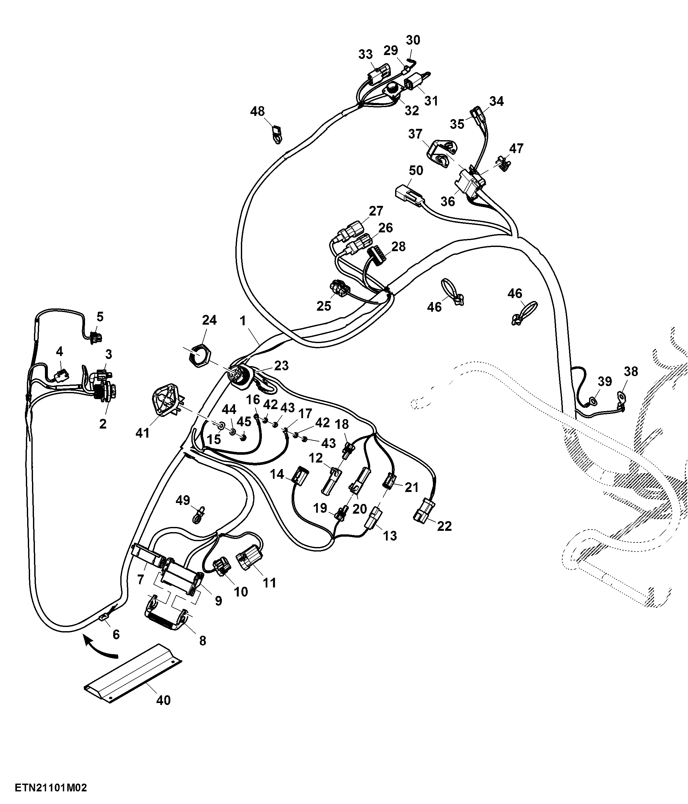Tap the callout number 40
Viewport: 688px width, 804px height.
(x=163, y=700)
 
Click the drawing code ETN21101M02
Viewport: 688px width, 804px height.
(x=51, y=788)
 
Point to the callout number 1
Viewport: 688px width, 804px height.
(x=243, y=320)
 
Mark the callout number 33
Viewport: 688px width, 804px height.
(x=366, y=54)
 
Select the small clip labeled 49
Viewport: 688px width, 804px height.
(x=199, y=515)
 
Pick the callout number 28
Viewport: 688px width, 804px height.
(x=398, y=246)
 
